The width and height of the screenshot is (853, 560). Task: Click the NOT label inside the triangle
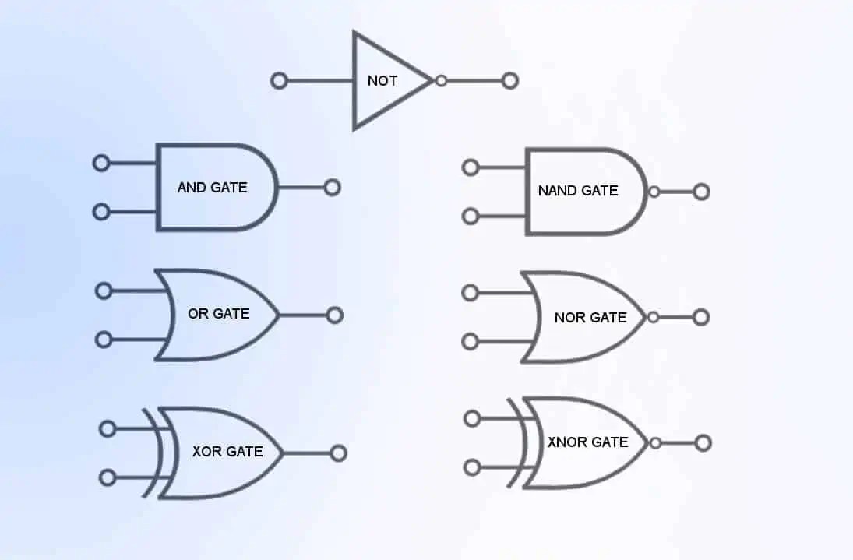pyautogui.click(x=382, y=80)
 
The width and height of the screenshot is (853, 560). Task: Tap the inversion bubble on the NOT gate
pyautogui.click(x=441, y=80)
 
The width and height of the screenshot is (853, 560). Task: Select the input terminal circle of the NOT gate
pyautogui.click(x=279, y=80)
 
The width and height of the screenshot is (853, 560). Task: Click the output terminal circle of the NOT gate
pyautogui.click(x=510, y=80)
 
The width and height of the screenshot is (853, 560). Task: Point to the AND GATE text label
pyautogui.click(x=212, y=187)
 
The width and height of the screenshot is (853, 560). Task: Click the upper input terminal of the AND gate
pyautogui.click(x=100, y=163)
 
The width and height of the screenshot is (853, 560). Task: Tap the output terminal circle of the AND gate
pyautogui.click(x=333, y=187)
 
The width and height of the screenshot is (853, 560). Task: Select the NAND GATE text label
pyautogui.click(x=578, y=190)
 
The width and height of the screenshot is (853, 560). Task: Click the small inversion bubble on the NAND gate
pyautogui.click(x=654, y=192)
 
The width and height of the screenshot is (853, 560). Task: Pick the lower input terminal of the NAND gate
pyautogui.click(x=471, y=216)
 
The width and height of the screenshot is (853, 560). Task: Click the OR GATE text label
pyautogui.click(x=218, y=314)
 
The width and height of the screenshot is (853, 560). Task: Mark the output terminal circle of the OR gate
pyautogui.click(x=335, y=315)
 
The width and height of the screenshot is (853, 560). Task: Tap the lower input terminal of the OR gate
pyautogui.click(x=103, y=340)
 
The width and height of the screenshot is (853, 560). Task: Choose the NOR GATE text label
pyautogui.click(x=590, y=317)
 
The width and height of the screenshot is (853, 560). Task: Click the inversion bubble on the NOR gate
pyautogui.click(x=653, y=317)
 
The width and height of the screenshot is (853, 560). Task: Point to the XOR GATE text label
pyautogui.click(x=227, y=451)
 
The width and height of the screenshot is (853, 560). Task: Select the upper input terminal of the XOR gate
pyautogui.click(x=108, y=428)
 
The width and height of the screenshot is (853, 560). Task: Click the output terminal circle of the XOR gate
pyautogui.click(x=338, y=453)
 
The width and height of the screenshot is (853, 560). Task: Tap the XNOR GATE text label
pyautogui.click(x=587, y=442)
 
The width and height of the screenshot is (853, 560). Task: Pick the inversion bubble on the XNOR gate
pyautogui.click(x=655, y=443)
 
